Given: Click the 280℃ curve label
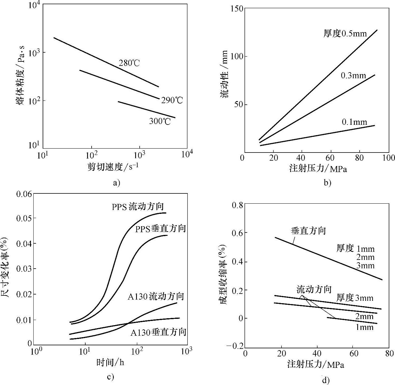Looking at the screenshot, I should pyautogui.click(x=129, y=63).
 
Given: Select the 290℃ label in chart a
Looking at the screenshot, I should pyautogui.click(x=172, y=100).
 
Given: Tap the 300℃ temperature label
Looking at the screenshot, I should pyautogui.click(x=160, y=121).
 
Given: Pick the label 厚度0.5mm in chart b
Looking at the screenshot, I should pyautogui.click(x=345, y=33).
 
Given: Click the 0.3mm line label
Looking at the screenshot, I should pyautogui.click(x=353, y=75).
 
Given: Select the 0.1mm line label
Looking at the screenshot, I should pyautogui.click(x=354, y=122).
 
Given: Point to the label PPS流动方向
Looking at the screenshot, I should pyautogui.click(x=138, y=207).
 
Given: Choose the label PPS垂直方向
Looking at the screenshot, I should pyautogui.click(x=160, y=229).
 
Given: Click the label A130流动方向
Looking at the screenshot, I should pyautogui.click(x=156, y=297).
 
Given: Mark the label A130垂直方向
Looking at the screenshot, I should pyautogui.click(x=158, y=332).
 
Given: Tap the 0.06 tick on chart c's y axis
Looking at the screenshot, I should pyautogui.click(x=23, y=194).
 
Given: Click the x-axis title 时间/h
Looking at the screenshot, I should pyautogui.click(x=110, y=362).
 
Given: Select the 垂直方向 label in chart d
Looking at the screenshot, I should pyautogui.click(x=308, y=231).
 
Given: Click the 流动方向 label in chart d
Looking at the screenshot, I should pyautogui.click(x=314, y=289).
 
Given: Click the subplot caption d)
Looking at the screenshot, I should pyautogui.click(x=326, y=380).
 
